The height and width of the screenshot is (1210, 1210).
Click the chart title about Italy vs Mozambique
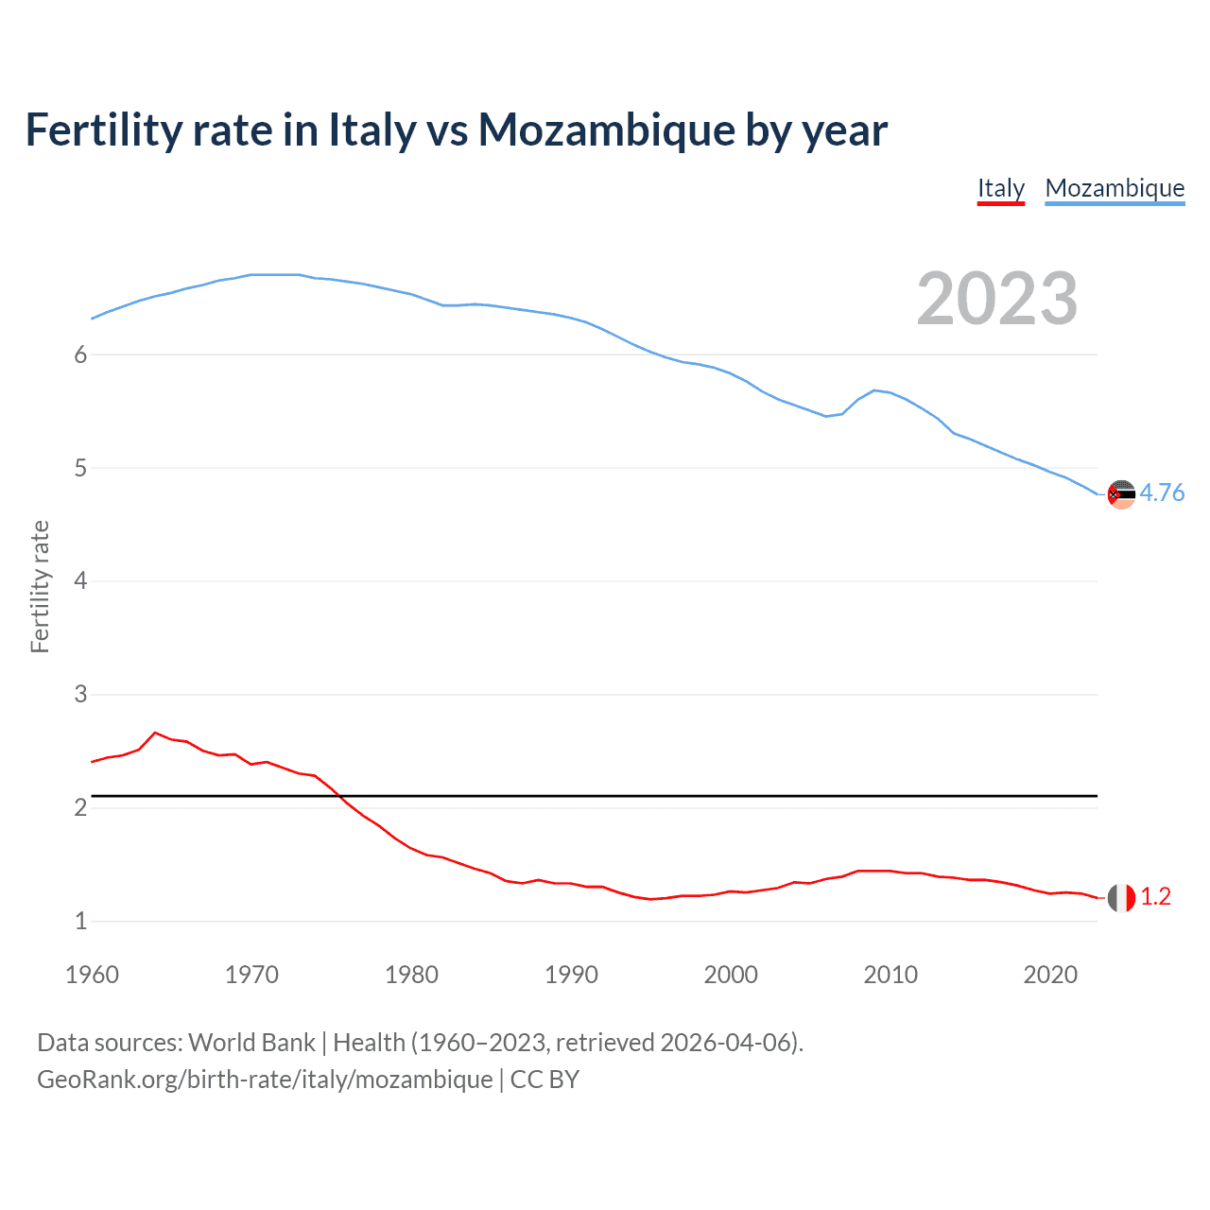(456, 130)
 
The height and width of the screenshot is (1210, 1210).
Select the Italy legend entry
(1000, 188)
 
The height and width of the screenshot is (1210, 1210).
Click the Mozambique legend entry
(1115, 188)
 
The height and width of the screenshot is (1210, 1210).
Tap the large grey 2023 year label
(996, 299)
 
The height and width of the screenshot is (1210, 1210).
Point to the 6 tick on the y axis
(80, 354)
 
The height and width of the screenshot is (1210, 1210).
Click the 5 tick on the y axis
(80, 468)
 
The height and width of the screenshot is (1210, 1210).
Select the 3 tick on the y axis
(80, 695)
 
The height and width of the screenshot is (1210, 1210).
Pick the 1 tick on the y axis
(80, 921)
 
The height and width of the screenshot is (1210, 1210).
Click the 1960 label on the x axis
(92, 975)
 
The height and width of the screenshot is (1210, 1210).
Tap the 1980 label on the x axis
(411, 975)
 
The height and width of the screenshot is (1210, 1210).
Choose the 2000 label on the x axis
(731, 975)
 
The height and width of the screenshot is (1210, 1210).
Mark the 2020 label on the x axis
(1050, 975)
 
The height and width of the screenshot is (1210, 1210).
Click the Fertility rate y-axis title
(40, 586)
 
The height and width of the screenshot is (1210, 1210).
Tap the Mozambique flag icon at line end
(1121, 493)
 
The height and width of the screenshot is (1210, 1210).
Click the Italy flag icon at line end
(1121, 897)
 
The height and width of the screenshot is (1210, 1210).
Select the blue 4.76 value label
(1162, 493)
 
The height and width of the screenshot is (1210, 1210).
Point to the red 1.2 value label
(1155, 897)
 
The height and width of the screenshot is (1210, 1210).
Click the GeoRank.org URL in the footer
(265, 1080)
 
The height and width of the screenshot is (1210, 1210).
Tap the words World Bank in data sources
(251, 1043)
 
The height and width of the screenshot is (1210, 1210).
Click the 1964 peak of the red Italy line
(155, 733)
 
